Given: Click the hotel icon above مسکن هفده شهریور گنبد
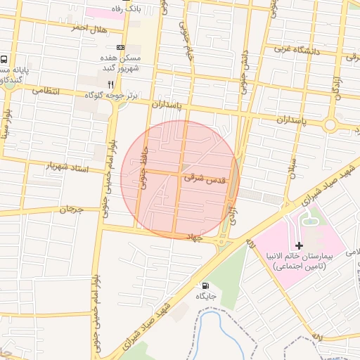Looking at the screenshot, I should click(x=121, y=47).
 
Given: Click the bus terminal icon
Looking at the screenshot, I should click(x=5, y=60).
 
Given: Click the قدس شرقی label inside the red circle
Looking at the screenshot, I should click(x=205, y=179).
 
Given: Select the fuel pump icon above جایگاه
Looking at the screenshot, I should click(x=205, y=285).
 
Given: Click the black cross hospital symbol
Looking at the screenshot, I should click(x=300, y=245).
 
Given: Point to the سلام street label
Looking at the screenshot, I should click(x=291, y=165).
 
